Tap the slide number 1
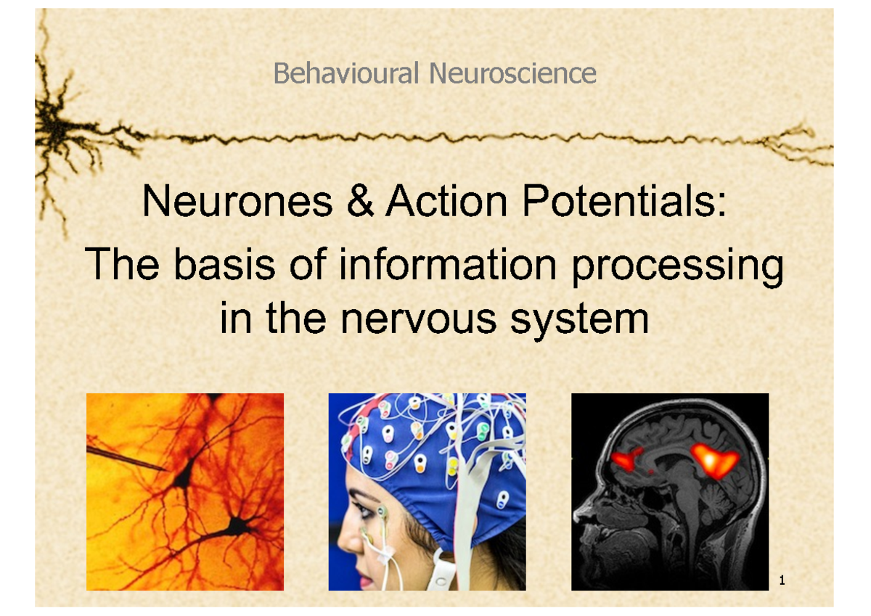782,580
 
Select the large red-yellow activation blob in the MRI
715,461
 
